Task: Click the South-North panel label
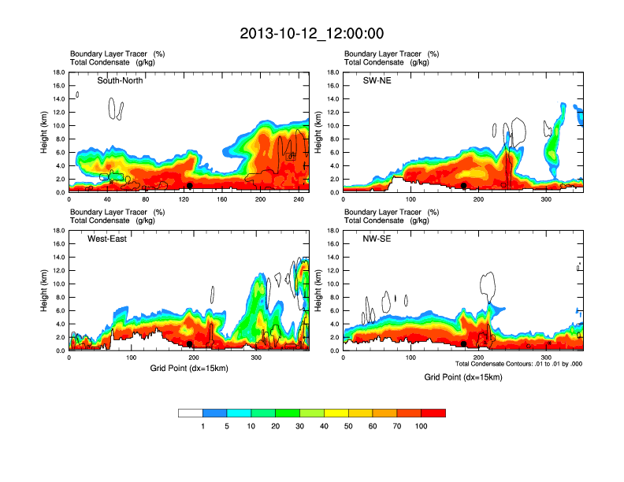tap(120, 80)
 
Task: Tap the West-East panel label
tap(108, 239)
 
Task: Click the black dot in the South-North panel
tap(190, 185)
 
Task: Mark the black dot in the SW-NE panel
tap(464, 185)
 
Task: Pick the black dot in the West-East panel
tap(190, 343)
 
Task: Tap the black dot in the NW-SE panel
tap(464, 343)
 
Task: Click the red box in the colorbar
tap(433, 413)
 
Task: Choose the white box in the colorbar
tap(191, 413)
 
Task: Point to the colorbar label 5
tap(227, 426)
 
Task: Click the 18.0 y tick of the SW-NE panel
tap(332, 72)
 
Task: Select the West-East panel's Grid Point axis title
tap(189, 369)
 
